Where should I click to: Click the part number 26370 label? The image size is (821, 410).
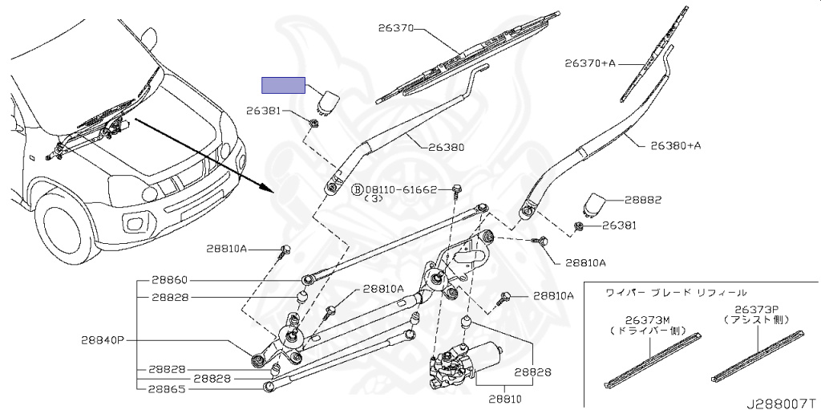[x=395, y=28]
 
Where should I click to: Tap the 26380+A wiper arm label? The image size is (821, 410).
[x=675, y=145]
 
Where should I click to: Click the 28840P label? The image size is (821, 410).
[x=102, y=340]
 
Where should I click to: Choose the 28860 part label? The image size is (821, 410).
[x=168, y=280]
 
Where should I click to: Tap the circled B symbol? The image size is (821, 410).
[x=358, y=190]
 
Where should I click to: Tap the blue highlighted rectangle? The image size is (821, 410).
[x=284, y=86]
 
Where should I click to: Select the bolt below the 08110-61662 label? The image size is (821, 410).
[x=455, y=191]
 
